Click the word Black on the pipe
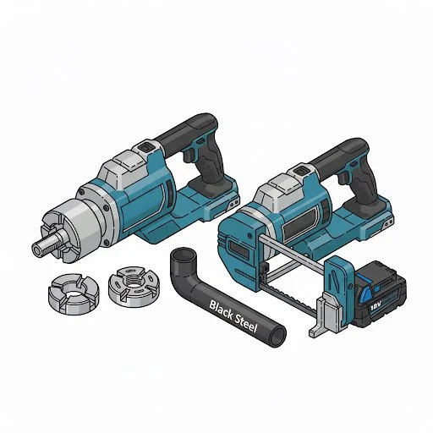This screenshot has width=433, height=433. [221, 310]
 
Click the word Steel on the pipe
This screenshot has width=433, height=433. [246, 322]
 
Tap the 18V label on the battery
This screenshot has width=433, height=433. [375, 305]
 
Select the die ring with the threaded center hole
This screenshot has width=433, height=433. [134, 286]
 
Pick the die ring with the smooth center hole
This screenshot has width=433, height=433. [74, 293]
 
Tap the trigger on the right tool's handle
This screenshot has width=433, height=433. [343, 178]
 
